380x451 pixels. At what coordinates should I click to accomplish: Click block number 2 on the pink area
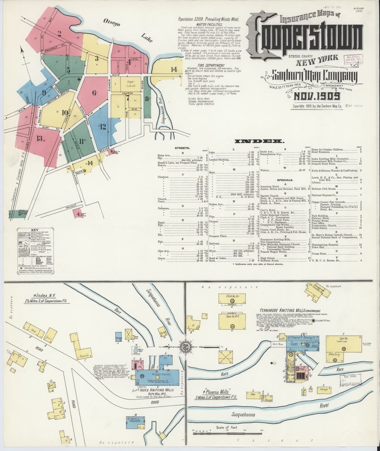pos(59,33)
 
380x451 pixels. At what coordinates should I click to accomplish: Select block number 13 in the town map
pos(39,138)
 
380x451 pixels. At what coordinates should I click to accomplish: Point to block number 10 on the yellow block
pos(65,112)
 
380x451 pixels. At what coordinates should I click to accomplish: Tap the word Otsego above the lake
pos(112,22)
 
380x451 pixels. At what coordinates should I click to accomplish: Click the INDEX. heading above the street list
pos(259,141)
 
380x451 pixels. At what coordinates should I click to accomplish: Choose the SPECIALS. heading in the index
pos(285,180)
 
